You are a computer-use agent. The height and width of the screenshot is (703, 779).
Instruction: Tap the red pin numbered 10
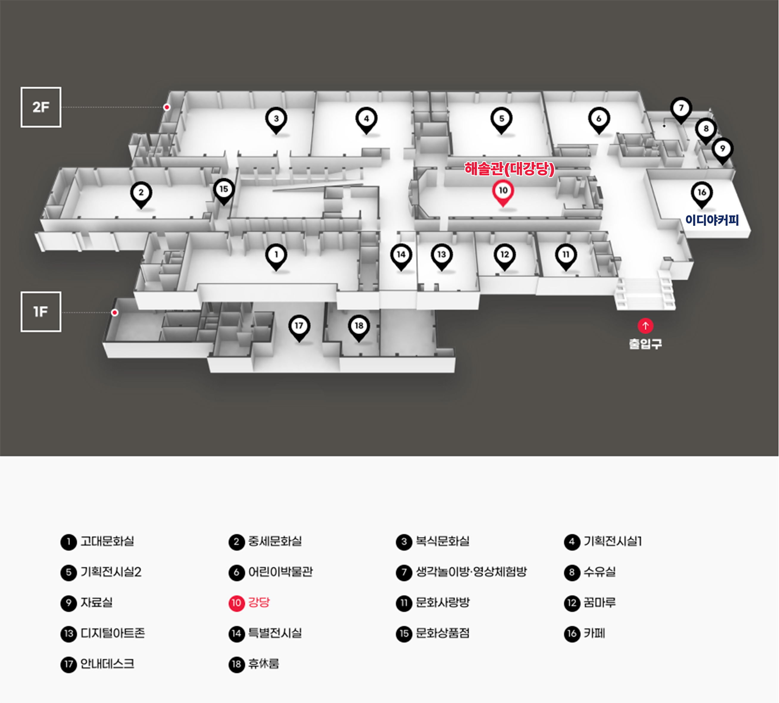[x=503, y=191]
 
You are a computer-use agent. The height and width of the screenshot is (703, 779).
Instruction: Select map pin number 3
[x=276, y=119]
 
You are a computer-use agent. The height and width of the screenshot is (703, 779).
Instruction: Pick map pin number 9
[x=722, y=149]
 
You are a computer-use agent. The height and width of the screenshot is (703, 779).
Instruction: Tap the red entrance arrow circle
[x=645, y=326]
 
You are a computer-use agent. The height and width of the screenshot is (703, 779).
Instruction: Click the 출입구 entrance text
[x=645, y=343]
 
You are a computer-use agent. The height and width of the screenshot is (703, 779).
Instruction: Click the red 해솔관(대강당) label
[x=509, y=169]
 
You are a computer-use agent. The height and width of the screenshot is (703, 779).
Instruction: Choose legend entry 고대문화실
[x=107, y=541]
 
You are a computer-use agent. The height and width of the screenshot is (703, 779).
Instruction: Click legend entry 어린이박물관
[x=280, y=572]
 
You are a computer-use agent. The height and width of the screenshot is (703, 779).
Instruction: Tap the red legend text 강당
[x=259, y=602]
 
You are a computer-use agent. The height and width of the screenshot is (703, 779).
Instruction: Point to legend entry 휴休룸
[x=263, y=664]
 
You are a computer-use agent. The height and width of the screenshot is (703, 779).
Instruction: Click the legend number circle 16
[x=572, y=633]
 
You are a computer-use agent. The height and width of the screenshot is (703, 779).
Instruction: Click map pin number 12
[x=504, y=255]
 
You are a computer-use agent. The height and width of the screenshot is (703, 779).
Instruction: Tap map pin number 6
[x=599, y=119]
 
